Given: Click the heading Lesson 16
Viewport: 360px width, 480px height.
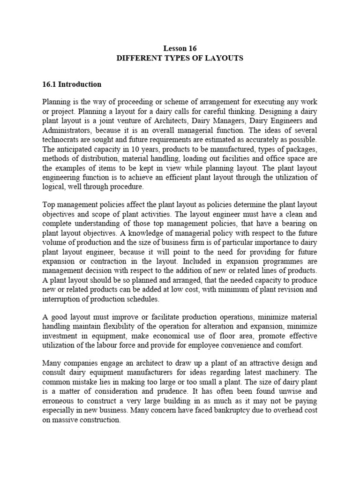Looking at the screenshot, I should (180, 48).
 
